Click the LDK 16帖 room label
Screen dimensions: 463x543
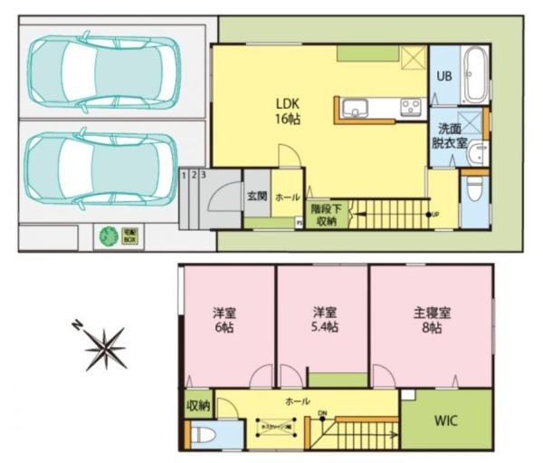[289, 111]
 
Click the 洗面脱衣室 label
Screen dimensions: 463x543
[448, 135]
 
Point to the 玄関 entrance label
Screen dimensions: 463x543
[256, 196]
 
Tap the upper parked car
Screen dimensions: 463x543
[100, 71]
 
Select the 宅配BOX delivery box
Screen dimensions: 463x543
[131, 236]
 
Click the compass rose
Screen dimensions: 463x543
[106, 346]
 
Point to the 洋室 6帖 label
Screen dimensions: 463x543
[224, 321]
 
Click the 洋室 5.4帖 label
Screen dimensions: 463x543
[326, 321]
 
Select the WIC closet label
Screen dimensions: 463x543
[445, 421]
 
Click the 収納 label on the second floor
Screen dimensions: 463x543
[198, 405]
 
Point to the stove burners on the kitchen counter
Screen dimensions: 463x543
[410, 108]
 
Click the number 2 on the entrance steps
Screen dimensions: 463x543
[193, 175]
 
